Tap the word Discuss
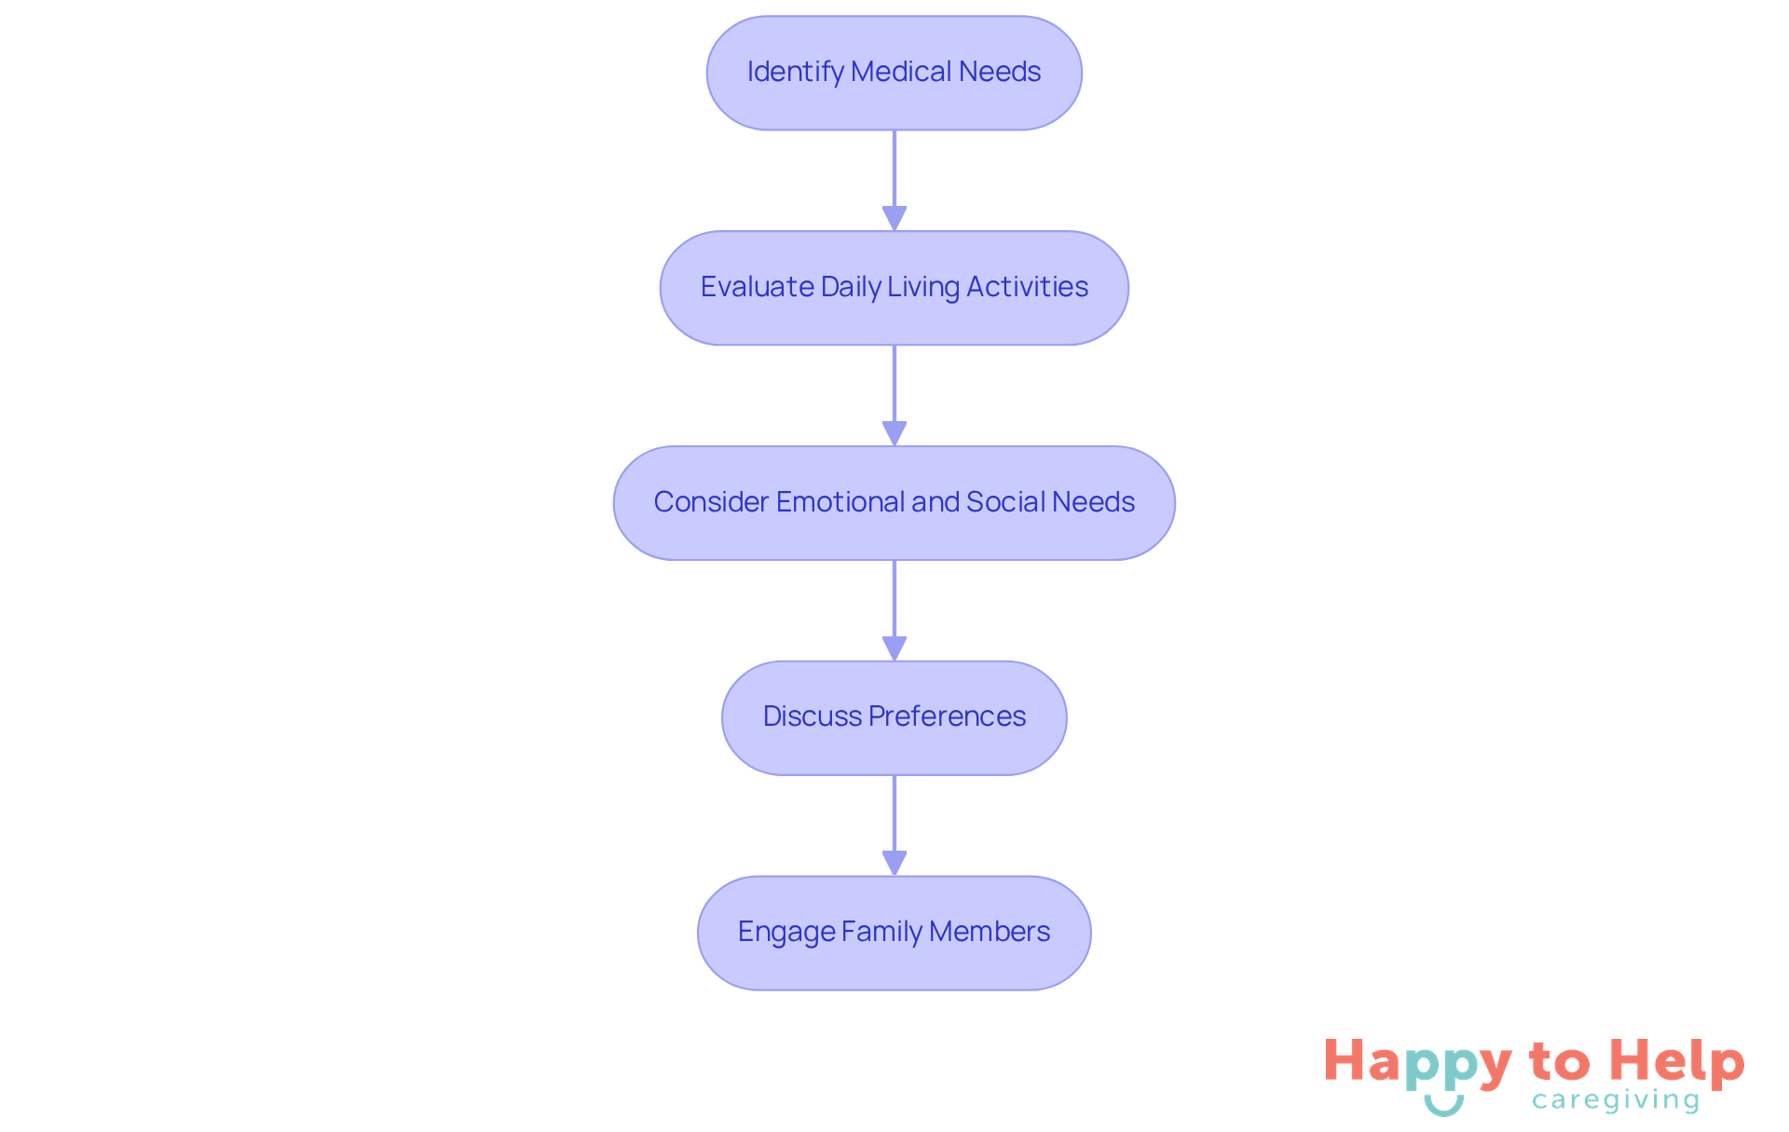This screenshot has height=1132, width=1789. tap(813, 716)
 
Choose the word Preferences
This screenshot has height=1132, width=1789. tap(947, 716)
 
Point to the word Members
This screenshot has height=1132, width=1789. tap(990, 932)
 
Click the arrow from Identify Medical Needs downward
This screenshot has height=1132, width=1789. tap(894, 177)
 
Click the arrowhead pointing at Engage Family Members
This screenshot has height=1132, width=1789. tap(894, 864)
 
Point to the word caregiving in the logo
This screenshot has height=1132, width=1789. tap(1616, 1101)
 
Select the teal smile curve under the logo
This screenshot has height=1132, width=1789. tap(1443, 1107)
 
